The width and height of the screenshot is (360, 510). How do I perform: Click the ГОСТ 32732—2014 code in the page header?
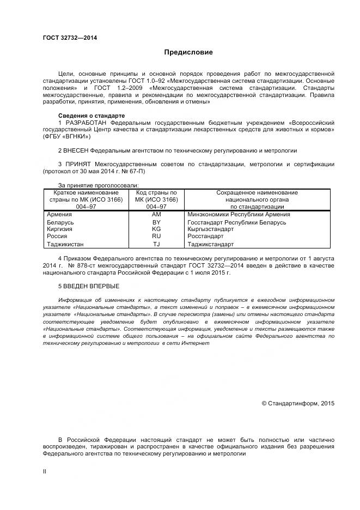66,38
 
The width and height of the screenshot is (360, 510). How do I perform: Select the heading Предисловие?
188,53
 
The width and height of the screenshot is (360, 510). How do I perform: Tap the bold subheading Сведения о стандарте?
91,116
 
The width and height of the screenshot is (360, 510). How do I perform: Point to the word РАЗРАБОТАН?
86,123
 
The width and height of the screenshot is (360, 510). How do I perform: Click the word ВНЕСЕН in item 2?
76,150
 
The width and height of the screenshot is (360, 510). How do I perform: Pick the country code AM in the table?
156,215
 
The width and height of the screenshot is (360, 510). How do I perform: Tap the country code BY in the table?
156,222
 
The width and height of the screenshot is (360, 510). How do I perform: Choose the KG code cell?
156,229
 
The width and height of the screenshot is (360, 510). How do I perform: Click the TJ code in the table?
156,244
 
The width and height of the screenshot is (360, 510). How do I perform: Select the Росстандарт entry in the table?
205,237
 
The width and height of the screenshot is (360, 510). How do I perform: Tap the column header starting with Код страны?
156,199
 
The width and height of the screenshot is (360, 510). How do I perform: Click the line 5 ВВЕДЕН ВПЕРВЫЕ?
88,286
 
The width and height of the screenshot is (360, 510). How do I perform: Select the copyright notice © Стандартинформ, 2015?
298,403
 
